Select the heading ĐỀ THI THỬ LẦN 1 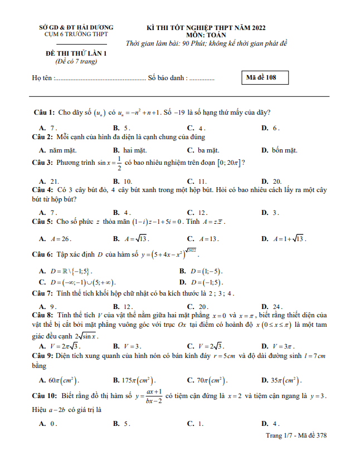pyautogui.click(x=76, y=53)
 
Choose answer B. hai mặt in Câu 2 pyautogui.click(x=129, y=150)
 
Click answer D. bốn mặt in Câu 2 pyautogui.click(x=279, y=150)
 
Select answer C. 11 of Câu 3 pyautogui.click(x=197, y=182)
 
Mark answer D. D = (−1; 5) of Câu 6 pyautogui.click(x=200, y=282)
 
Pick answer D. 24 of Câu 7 pyautogui.click(x=272, y=307)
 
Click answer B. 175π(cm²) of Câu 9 pyautogui.click(x=134, y=381)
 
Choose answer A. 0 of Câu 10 pyautogui.click(x=48, y=424)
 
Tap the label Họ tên pyautogui.click(x=43, y=79)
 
